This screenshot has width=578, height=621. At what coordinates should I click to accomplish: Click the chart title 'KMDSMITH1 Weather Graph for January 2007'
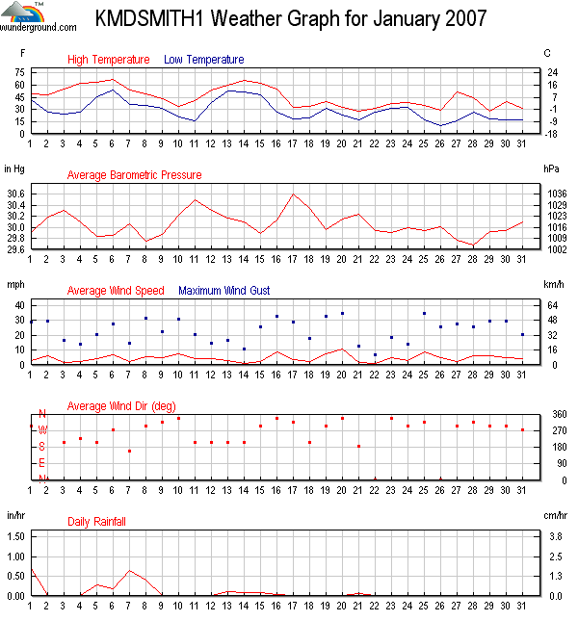290,18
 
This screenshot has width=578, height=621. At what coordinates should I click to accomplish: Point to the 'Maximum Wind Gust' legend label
224,290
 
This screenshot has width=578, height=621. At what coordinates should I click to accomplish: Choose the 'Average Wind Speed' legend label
116,290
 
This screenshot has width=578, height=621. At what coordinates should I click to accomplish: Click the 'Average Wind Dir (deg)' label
120,405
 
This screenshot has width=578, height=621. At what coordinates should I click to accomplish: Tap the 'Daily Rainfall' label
96,522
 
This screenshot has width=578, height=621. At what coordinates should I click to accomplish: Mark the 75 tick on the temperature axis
19,72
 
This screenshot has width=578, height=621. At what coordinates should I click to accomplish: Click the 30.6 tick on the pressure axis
16,194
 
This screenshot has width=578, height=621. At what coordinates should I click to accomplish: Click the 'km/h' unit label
554,285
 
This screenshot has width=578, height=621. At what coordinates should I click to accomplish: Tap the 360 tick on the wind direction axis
554,414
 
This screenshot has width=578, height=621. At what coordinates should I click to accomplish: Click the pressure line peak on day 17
293,194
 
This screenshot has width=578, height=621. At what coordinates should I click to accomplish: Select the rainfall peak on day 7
129,570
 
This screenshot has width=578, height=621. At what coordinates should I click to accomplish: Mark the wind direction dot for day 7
129,451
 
